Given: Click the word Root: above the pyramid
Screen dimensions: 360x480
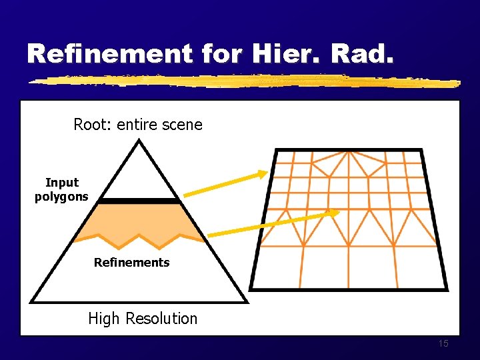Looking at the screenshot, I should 93,125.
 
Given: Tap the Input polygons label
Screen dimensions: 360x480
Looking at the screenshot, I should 61,189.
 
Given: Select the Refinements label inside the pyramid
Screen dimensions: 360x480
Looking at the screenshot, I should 131,263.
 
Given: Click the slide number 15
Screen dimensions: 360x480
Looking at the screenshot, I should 444,344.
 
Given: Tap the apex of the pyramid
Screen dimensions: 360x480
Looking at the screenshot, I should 139,140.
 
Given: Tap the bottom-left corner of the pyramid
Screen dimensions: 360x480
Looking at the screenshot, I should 31,301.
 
